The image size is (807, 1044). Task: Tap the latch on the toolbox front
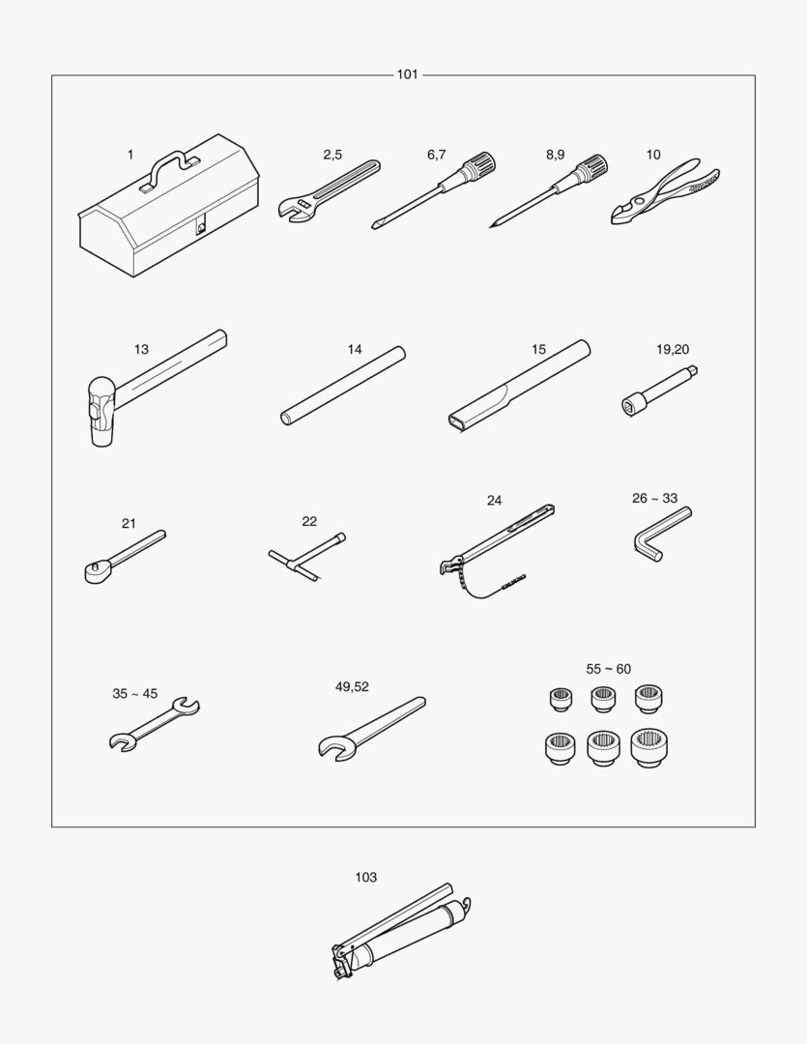(200, 227)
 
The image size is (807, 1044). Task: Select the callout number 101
(408, 74)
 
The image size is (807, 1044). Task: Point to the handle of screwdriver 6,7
(478, 166)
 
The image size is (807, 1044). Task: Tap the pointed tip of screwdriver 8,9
(491, 227)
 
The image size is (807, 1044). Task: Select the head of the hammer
(101, 412)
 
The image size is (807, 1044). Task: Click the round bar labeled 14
(343, 386)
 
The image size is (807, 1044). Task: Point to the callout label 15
(538, 350)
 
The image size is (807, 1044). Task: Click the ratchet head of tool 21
(97, 570)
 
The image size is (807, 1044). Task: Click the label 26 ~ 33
(654, 498)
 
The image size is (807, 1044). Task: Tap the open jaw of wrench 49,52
(332, 746)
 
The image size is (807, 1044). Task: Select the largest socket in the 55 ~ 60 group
(649, 747)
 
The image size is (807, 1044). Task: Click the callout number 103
(365, 878)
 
